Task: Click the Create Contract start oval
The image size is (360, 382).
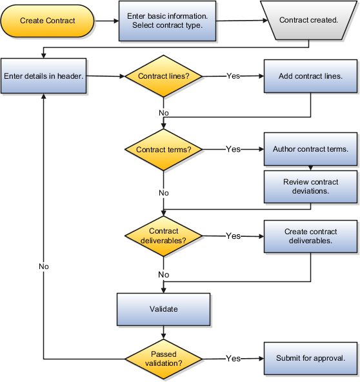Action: [x=48, y=21]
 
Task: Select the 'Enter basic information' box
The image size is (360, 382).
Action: [x=167, y=21]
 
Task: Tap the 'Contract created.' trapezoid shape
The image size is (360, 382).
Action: [x=308, y=21]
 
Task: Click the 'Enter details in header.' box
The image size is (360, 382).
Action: [x=43, y=76]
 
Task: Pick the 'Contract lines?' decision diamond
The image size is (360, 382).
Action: [x=163, y=76]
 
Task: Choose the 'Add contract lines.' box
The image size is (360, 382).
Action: [x=310, y=76]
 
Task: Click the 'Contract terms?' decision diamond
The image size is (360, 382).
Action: [x=163, y=150]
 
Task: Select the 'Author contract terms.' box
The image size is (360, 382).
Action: [x=310, y=149]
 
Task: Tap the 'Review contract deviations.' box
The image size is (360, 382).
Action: [x=310, y=186]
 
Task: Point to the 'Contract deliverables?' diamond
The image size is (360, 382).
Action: [x=163, y=236]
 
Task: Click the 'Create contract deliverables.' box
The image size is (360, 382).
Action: [x=310, y=236]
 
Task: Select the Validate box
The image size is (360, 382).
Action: [x=163, y=309]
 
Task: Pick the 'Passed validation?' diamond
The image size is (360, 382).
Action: [x=163, y=358]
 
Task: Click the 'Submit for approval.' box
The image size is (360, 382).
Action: [x=310, y=358]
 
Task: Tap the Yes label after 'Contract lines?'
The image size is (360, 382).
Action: [x=233, y=76]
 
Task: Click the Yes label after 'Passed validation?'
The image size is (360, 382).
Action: [x=233, y=358]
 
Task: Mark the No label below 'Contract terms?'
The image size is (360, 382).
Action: [x=163, y=193]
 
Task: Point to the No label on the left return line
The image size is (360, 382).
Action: [x=43, y=266]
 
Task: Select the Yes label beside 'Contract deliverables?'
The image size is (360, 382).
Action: [x=233, y=236]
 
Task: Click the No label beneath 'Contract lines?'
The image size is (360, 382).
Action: [x=163, y=113]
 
